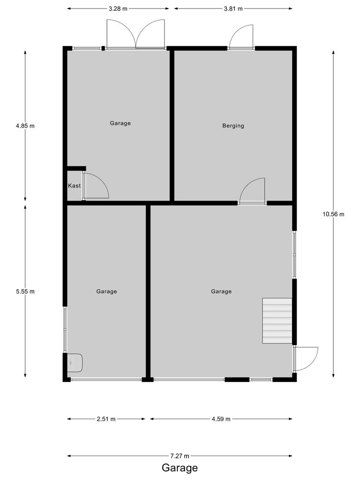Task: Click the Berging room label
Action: point(233,126)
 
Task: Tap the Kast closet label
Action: point(74,186)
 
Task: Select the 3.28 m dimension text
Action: point(118,8)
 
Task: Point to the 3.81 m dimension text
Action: point(233,8)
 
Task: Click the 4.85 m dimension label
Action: point(25,126)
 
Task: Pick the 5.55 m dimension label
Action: point(25,291)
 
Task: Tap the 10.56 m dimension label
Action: point(333,214)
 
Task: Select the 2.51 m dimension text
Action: point(106,419)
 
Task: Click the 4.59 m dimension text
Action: point(221,419)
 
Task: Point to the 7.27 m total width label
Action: point(180,456)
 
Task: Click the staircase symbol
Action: point(277,321)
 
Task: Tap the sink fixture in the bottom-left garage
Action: point(75,362)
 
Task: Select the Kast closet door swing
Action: point(96,186)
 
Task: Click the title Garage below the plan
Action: point(180,468)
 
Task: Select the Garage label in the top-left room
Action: point(120,123)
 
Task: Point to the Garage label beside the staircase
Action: point(221,291)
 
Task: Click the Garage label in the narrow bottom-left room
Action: point(106,291)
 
